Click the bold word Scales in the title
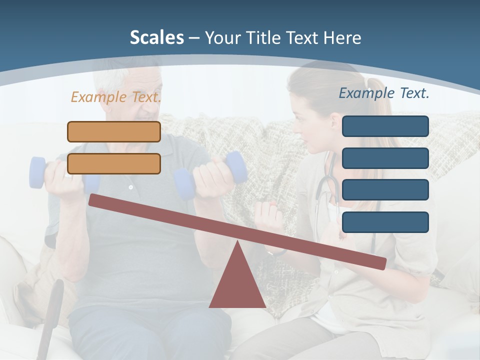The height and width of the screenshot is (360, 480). point(156,37)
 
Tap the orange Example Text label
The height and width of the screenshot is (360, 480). point(116,97)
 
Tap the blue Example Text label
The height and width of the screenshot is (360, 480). point(384,93)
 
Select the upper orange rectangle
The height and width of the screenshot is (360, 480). point(114,131)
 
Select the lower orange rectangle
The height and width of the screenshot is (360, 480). point(114,163)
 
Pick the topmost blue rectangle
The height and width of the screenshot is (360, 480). point(385,126)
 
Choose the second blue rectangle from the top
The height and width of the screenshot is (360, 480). point(385,158)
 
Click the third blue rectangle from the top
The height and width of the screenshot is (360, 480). point(385,190)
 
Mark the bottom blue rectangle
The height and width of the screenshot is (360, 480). point(385,222)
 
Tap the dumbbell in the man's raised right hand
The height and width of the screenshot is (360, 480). point(38,172)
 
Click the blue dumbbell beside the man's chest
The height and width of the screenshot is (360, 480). point(235,167)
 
